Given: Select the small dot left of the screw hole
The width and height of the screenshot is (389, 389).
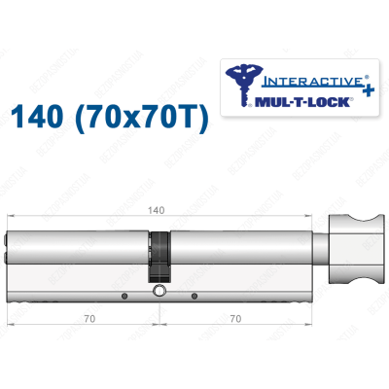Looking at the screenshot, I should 124,295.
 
